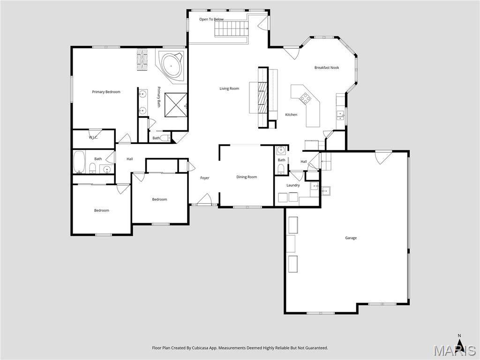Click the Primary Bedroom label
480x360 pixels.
pyautogui.click(x=106, y=92)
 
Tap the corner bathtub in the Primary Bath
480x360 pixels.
pyautogui.click(x=171, y=66)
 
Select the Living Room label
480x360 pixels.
pyautogui.click(x=229, y=89)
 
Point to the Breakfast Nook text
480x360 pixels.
pyautogui.click(x=327, y=67)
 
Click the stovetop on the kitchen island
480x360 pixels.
pyautogui.click(x=306, y=97)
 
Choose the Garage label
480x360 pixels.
pyautogui.click(x=351, y=238)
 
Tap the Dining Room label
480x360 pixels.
pyautogui.click(x=247, y=177)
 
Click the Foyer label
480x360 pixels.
pyautogui.click(x=205, y=178)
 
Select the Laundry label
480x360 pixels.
pyautogui.click(x=293, y=185)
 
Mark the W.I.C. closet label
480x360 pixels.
pyautogui.click(x=93, y=137)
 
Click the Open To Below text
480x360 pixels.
pyautogui.click(x=211, y=19)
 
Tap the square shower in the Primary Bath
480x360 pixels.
pyautogui.click(x=176, y=105)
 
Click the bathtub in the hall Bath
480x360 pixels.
pyautogui.click(x=79, y=162)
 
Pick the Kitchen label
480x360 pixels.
pyautogui.click(x=291, y=114)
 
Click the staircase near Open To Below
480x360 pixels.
pyautogui.click(x=232, y=29)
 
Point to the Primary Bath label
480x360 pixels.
pyautogui.click(x=159, y=97)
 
